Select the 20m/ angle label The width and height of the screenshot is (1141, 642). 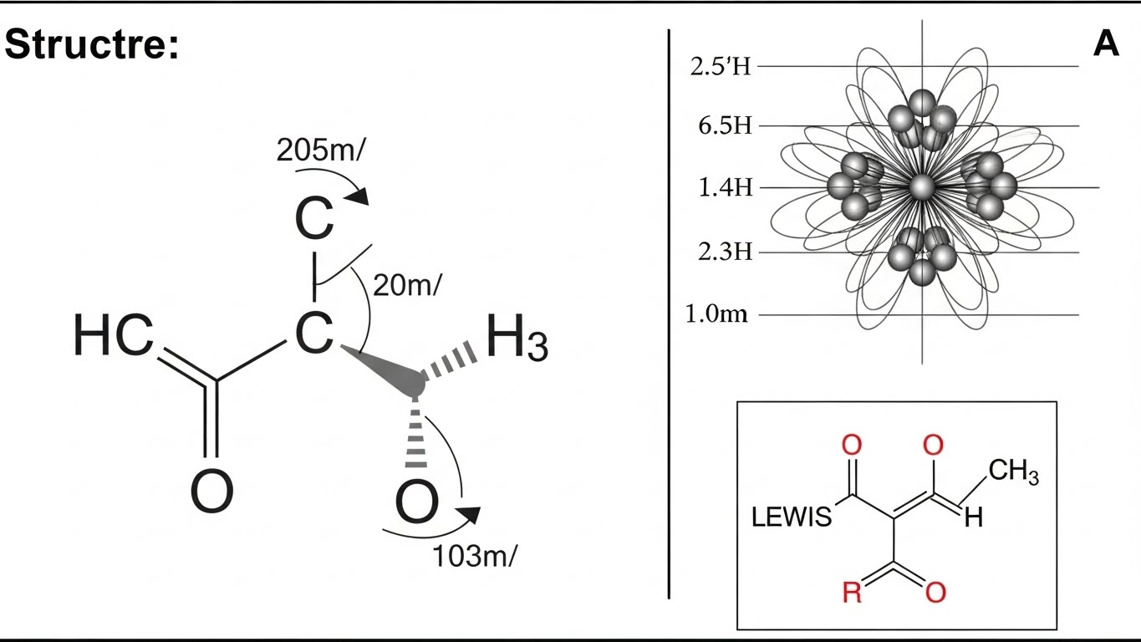pyautogui.click(x=406, y=285)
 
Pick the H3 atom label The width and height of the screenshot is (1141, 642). pyautogui.click(x=517, y=340)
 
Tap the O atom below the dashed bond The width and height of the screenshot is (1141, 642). pyautogui.click(x=415, y=502)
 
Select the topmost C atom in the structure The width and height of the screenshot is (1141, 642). pyautogui.click(x=314, y=220)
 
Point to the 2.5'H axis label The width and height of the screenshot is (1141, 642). pyautogui.click(x=721, y=67)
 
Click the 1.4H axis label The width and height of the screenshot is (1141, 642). pyautogui.click(x=725, y=187)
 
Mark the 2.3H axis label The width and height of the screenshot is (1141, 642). pyautogui.click(x=724, y=251)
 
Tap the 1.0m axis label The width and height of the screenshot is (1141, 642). pyautogui.click(x=716, y=315)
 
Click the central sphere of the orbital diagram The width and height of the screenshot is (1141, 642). pyautogui.click(x=922, y=186)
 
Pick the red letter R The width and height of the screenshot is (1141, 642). pyautogui.click(x=851, y=594)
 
